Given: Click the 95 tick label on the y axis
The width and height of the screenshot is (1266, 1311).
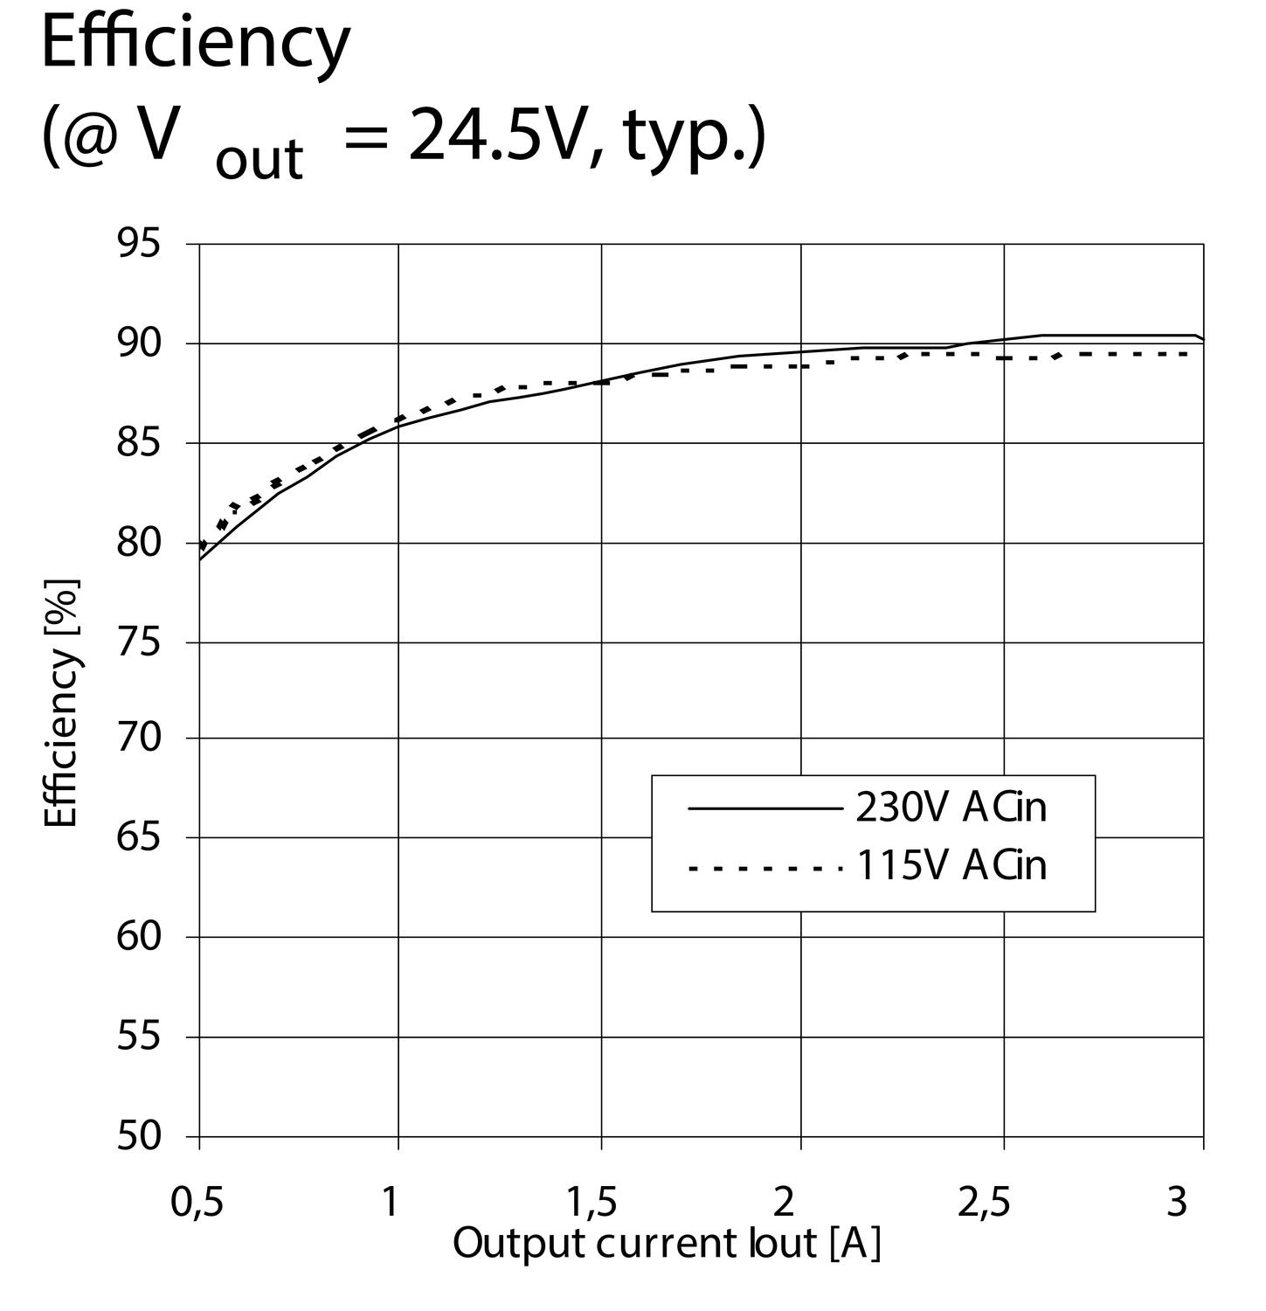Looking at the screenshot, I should tap(140, 245).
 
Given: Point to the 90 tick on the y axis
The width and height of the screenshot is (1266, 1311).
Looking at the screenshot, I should tap(140, 343).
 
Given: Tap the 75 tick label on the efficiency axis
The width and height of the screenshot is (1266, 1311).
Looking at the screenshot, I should tap(140, 643).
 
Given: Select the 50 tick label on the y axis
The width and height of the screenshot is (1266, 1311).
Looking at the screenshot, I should tap(140, 1136).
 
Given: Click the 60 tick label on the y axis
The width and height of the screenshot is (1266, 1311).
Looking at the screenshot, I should tap(140, 937).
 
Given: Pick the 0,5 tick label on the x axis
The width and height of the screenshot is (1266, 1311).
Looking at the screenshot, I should tap(197, 1203).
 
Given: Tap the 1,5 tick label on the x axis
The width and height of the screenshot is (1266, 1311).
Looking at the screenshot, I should tap(592, 1203).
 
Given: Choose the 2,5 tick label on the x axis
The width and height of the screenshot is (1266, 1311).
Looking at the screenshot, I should tap(984, 1203).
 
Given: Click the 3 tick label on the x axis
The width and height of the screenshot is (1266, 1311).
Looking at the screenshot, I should tap(1178, 1203).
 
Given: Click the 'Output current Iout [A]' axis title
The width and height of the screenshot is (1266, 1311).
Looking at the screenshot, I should tap(667, 1245).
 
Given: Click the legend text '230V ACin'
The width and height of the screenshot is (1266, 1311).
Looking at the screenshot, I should tap(951, 808).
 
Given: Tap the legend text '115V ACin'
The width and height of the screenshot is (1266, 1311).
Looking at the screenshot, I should tap(951, 866).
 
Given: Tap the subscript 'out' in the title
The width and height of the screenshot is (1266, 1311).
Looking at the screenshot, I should tap(259, 159).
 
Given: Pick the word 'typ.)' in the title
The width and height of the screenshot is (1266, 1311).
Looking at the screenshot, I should tap(695, 140).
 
